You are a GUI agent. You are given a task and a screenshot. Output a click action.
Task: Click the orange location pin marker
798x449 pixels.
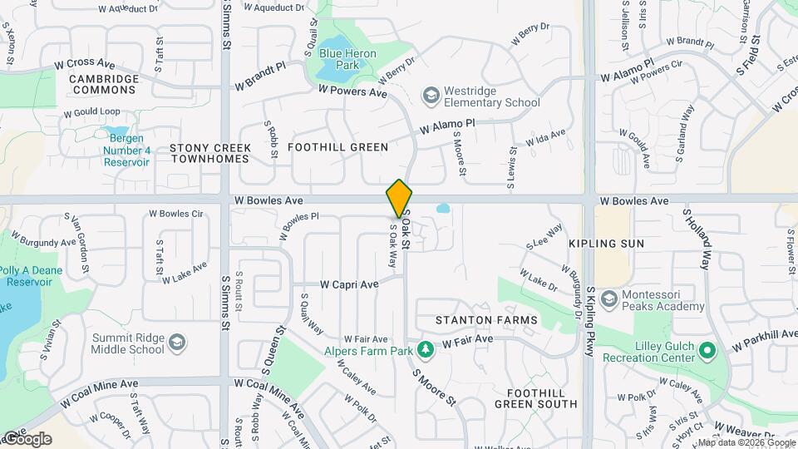pos(399,199)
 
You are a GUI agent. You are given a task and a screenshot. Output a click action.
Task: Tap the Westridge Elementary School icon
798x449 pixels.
pos(431,96)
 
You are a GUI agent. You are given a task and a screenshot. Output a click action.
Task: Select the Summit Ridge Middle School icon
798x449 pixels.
pos(177,343)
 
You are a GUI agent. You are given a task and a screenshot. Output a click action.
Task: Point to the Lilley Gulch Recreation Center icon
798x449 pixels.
pos(707,351)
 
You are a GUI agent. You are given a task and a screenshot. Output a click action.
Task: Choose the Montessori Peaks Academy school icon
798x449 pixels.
pos(608,299)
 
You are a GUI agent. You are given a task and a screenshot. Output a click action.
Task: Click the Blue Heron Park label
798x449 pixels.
pos(348,60)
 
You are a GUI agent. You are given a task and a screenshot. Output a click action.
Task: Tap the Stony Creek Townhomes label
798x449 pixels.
pos(209,153)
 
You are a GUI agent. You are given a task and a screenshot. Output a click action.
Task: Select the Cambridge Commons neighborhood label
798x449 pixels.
pos(104,84)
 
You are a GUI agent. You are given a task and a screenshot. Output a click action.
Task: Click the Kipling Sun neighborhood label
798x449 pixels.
pos(606,244)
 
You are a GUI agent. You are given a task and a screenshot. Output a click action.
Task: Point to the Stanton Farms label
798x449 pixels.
pos(486,320)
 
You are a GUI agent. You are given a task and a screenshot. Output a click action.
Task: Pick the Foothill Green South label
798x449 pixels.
pos(535,398)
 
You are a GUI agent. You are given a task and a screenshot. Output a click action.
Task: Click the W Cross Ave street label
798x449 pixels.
pos(85,64)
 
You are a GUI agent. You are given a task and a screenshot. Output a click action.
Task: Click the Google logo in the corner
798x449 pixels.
pos(27,439)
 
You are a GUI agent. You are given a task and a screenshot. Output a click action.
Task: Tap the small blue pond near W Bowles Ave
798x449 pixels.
pos(442,208)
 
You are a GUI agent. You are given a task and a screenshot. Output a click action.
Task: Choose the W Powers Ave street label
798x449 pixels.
pos(352,91)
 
